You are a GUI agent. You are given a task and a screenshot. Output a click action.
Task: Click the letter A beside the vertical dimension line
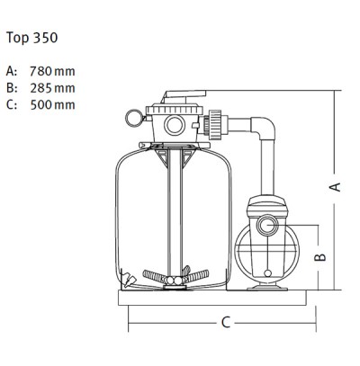tap(334, 186)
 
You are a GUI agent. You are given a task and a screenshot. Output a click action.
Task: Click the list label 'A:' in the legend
tap(11, 70)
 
